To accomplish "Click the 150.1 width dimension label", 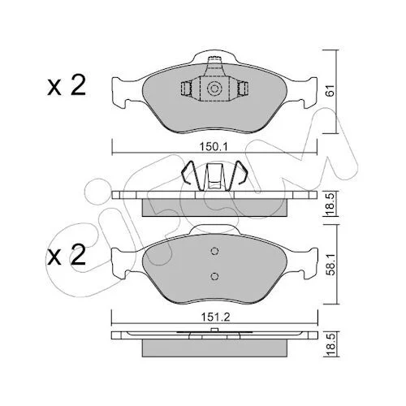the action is point(214,147).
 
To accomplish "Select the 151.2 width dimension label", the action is point(215,317).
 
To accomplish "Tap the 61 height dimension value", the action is point(330,91).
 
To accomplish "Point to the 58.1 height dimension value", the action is point(330,265).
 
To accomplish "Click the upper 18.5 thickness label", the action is point(330,204).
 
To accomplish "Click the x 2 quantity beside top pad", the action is point(67,85).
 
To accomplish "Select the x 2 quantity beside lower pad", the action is point(67,255).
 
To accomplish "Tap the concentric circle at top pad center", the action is point(214,89).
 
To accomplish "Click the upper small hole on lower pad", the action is point(214,251).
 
